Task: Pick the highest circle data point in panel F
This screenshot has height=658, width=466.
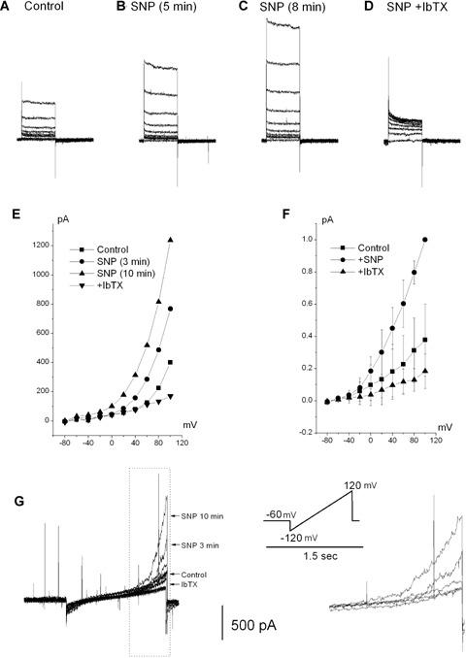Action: coord(423,239)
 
